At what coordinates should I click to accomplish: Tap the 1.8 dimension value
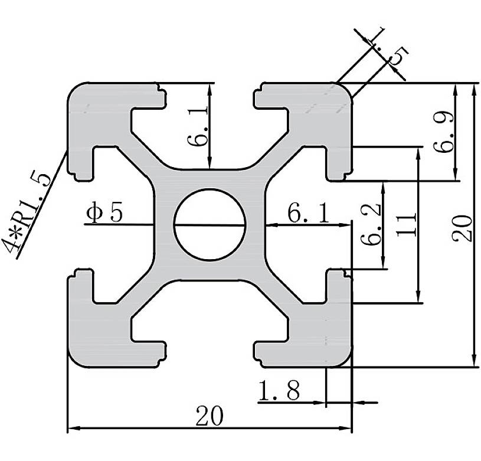click(x=279, y=391)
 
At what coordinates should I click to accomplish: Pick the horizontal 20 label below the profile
click(x=210, y=417)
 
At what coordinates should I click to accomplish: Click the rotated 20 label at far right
click(x=463, y=227)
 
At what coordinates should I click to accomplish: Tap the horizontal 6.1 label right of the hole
click(x=309, y=212)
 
